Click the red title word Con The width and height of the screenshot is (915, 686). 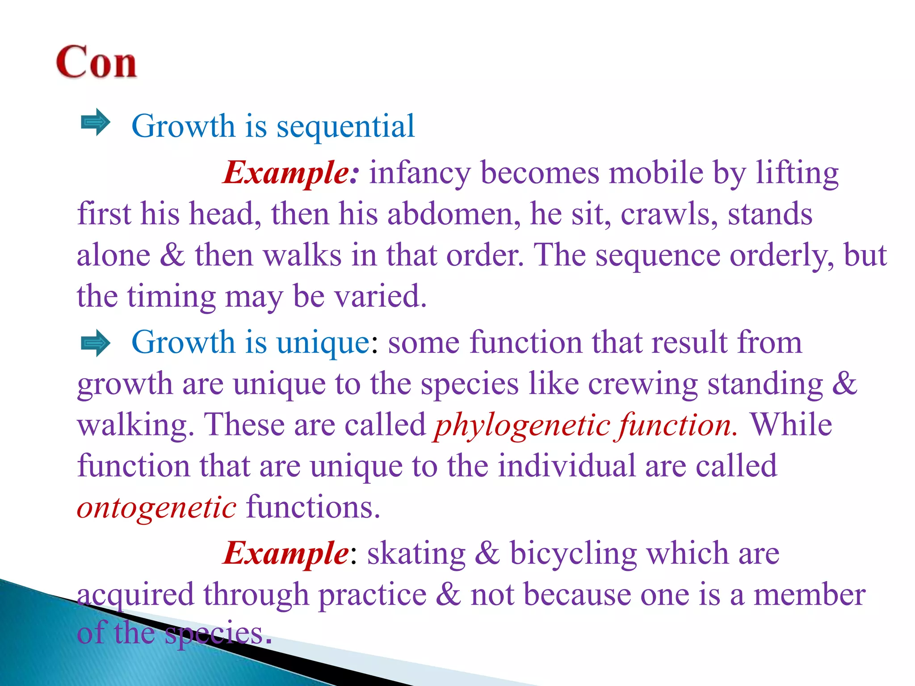pos(96,62)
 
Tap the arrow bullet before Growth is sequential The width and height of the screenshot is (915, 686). pos(95,122)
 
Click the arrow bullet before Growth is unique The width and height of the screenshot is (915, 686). pos(95,343)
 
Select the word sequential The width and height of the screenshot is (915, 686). pos(345,127)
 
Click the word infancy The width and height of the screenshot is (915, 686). pos(420,173)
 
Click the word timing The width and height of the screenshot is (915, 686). pos(171,296)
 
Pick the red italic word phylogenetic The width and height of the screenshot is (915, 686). pos(522,425)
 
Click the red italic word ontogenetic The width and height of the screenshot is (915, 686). pos(157,508)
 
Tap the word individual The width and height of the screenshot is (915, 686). pos(567,466)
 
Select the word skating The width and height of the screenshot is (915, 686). pos(416,554)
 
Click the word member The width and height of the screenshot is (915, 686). pos(809,595)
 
